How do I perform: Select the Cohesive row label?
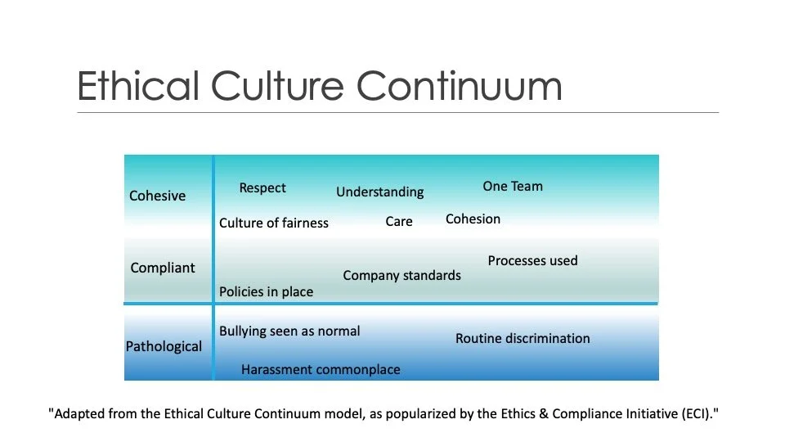point(157,196)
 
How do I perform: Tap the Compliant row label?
point(163,268)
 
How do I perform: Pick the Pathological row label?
point(164,346)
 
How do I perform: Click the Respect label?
point(262,188)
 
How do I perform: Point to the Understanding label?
point(380,192)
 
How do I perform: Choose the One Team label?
point(513,186)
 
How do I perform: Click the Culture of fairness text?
point(274,223)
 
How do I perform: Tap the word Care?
point(399,221)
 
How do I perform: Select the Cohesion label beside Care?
point(473,219)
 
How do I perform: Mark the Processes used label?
point(532,260)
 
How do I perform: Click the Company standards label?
point(401,275)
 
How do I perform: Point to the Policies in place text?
point(266,291)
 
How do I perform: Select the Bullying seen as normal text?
point(289,331)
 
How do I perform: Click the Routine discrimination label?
point(523,338)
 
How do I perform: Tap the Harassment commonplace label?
point(321,369)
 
